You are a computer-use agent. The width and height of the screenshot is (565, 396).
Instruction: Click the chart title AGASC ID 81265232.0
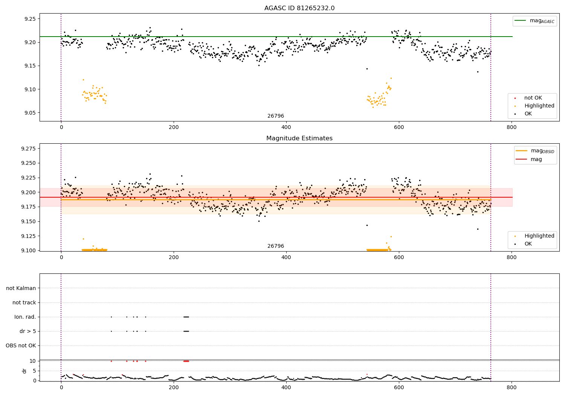[299, 8]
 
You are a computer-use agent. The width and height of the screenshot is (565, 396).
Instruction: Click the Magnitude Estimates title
[299, 138]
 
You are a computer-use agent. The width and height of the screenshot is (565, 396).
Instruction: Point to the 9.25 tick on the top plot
[30, 19]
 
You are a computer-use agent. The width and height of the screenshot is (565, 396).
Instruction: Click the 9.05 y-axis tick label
[30, 113]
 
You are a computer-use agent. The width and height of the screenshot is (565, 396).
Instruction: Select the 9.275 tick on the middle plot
[28, 149]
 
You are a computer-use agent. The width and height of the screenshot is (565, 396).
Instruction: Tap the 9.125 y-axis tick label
[28, 236]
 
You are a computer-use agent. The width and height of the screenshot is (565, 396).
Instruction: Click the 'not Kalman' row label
[21, 288]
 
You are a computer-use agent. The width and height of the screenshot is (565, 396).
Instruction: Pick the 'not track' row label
[24, 302]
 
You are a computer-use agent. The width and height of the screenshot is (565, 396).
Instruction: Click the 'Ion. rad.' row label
[25, 317]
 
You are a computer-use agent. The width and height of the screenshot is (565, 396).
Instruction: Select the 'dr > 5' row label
[28, 331]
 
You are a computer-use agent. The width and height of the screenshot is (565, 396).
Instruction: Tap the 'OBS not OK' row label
[21, 345]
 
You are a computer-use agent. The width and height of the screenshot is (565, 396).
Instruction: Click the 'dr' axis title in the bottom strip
[24, 371]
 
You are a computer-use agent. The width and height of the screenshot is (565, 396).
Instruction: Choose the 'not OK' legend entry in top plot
[533, 98]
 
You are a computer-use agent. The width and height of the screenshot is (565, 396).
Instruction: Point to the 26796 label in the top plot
[276, 116]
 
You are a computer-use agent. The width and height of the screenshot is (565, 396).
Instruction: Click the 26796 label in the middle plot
[276, 246]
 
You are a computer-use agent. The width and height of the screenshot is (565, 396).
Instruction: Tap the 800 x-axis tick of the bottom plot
[512, 387]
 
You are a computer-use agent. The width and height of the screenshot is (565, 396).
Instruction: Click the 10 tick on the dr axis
[32, 361]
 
